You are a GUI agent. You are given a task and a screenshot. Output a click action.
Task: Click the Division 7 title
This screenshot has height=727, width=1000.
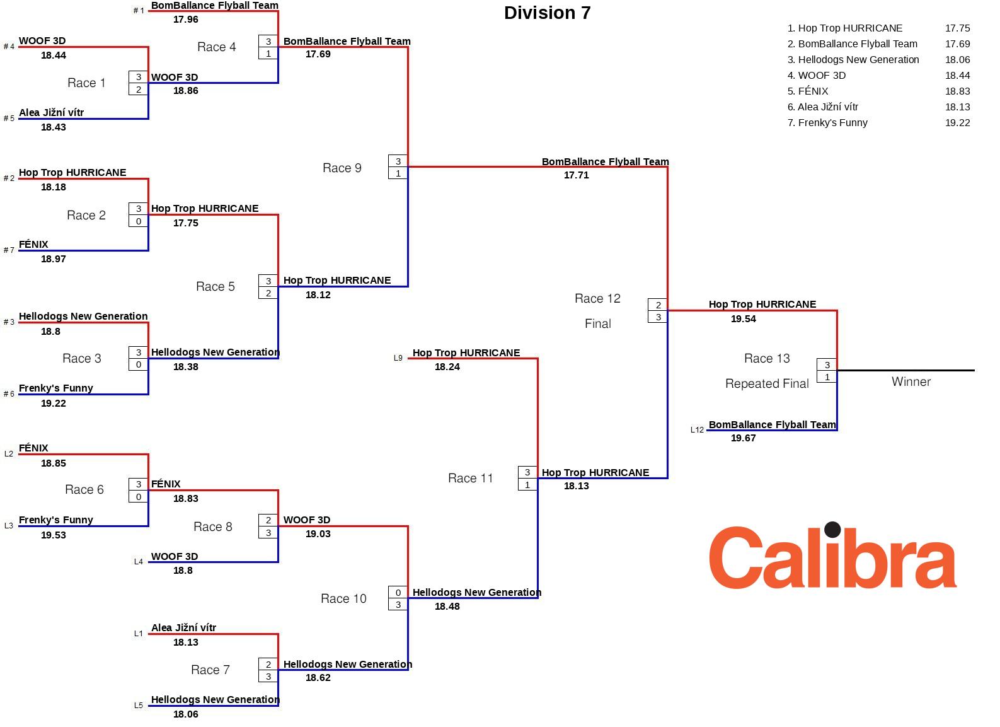547,13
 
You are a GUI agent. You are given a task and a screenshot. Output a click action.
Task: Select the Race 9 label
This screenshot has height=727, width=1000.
342,168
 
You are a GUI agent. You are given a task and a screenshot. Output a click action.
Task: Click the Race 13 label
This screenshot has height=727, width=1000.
766,359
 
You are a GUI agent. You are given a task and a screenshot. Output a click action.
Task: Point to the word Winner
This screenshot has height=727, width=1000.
911,381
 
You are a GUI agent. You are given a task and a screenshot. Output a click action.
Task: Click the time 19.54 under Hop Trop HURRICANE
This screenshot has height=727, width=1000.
743,319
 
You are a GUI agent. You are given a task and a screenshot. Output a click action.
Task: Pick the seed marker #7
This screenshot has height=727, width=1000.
9,250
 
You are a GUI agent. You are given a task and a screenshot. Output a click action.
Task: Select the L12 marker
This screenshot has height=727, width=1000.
697,430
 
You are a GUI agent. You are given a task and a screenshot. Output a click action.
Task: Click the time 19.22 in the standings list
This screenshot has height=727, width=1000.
957,123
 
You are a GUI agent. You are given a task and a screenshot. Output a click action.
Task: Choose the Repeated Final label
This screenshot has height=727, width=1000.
766,383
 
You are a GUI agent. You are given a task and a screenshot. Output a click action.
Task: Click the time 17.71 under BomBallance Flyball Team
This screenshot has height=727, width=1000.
576,175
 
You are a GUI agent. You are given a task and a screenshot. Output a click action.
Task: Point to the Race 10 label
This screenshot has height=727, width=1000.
343,598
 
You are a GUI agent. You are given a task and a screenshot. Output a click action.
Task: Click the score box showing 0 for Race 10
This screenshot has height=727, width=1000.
398,593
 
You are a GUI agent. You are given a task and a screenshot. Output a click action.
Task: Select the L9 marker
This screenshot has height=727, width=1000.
398,358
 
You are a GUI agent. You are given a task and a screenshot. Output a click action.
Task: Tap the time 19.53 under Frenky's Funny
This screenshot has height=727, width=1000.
53,535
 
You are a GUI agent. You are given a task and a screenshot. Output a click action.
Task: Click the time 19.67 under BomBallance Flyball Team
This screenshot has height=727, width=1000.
743,438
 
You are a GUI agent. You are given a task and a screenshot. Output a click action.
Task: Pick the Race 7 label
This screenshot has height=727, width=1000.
210,670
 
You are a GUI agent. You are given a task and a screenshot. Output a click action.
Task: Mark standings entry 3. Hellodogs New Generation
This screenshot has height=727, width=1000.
853,60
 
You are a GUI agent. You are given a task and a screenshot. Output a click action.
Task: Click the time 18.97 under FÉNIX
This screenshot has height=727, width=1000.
53,259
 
